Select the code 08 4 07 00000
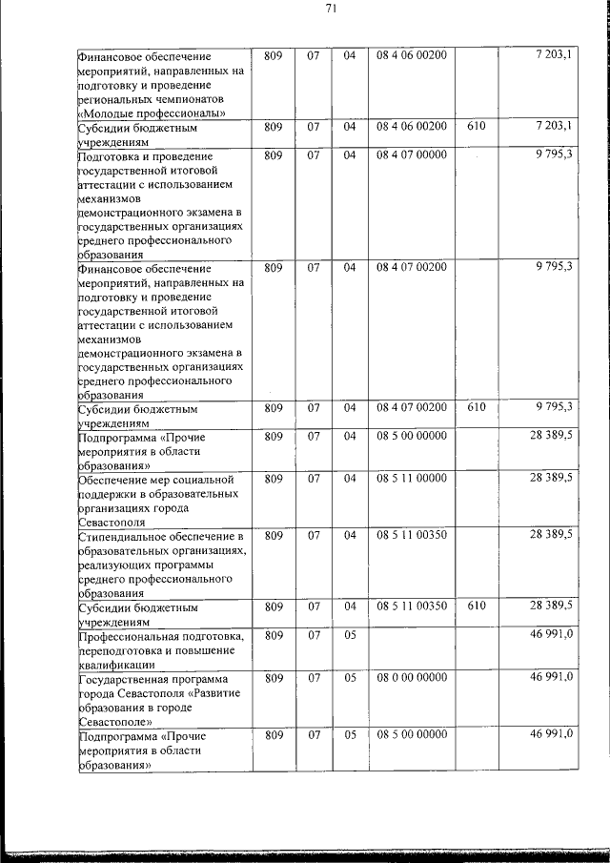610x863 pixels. point(411,154)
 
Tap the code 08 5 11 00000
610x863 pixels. point(411,477)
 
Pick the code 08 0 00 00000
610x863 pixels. point(411,677)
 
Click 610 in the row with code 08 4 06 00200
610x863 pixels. point(477,126)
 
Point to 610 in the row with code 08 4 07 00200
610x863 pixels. point(477,407)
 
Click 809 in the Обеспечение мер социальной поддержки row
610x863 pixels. point(274,477)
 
